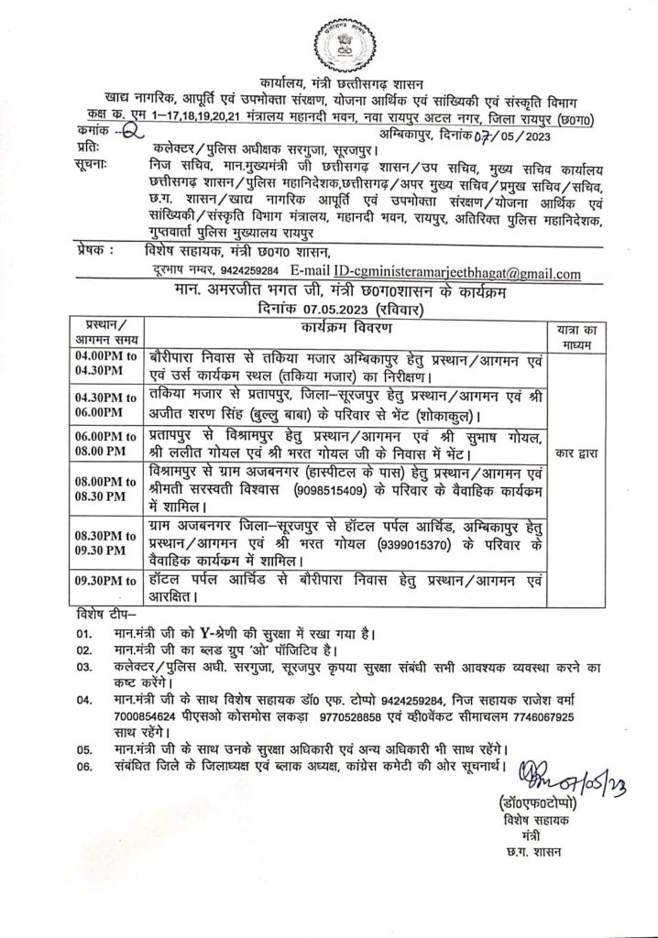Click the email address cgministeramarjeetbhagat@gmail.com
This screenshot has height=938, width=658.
[x=458, y=273]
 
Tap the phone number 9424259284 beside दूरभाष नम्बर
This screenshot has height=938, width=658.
[x=247, y=273]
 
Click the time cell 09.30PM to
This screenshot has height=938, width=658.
[x=106, y=579]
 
